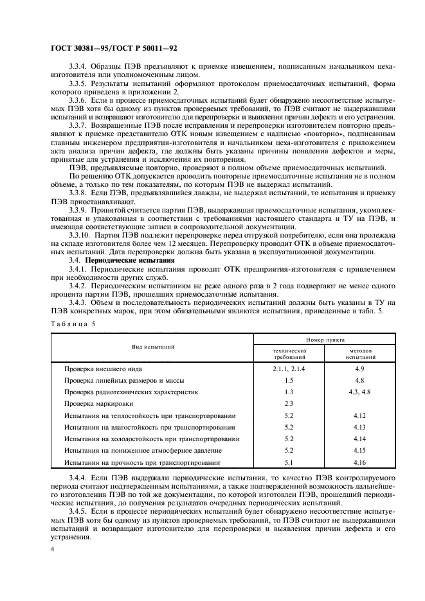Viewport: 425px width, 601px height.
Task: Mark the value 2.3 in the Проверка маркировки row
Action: (289, 404)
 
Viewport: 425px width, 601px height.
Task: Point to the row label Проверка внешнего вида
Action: (103, 369)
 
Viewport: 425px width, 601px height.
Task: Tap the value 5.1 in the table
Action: (289, 462)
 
